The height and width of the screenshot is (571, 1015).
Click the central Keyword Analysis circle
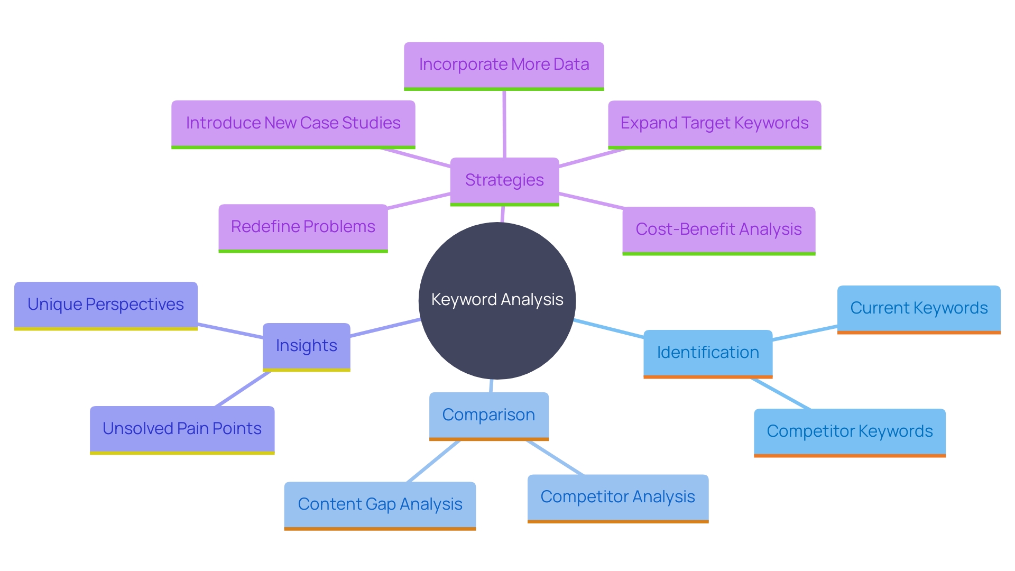tap(497, 300)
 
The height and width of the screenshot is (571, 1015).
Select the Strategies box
tap(504, 180)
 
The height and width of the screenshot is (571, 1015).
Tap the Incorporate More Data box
tap(504, 65)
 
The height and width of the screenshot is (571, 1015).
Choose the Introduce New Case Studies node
tap(293, 123)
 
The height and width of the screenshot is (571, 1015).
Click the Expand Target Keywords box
tap(714, 124)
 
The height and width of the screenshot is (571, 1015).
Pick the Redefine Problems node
tap(303, 227)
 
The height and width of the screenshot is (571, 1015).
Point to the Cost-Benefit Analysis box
tap(718, 229)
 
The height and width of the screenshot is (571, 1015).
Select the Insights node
tap(306, 346)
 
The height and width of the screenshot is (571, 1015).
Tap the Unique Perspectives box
tap(106, 305)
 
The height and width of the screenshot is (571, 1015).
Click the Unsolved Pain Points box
tap(182, 429)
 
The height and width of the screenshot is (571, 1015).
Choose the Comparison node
tap(488, 415)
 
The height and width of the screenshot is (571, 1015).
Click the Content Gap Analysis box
tap(380, 504)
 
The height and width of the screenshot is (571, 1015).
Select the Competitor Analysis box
tap(617, 497)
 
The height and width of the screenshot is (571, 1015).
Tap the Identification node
tap(708, 353)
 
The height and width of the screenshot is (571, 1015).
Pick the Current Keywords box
tap(919, 308)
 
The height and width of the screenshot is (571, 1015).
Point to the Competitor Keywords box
tap(850, 431)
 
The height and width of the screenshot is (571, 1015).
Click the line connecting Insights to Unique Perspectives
tap(230, 331)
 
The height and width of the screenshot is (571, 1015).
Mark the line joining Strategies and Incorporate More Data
tap(504, 124)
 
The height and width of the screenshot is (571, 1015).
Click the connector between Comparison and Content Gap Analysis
tap(433, 461)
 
